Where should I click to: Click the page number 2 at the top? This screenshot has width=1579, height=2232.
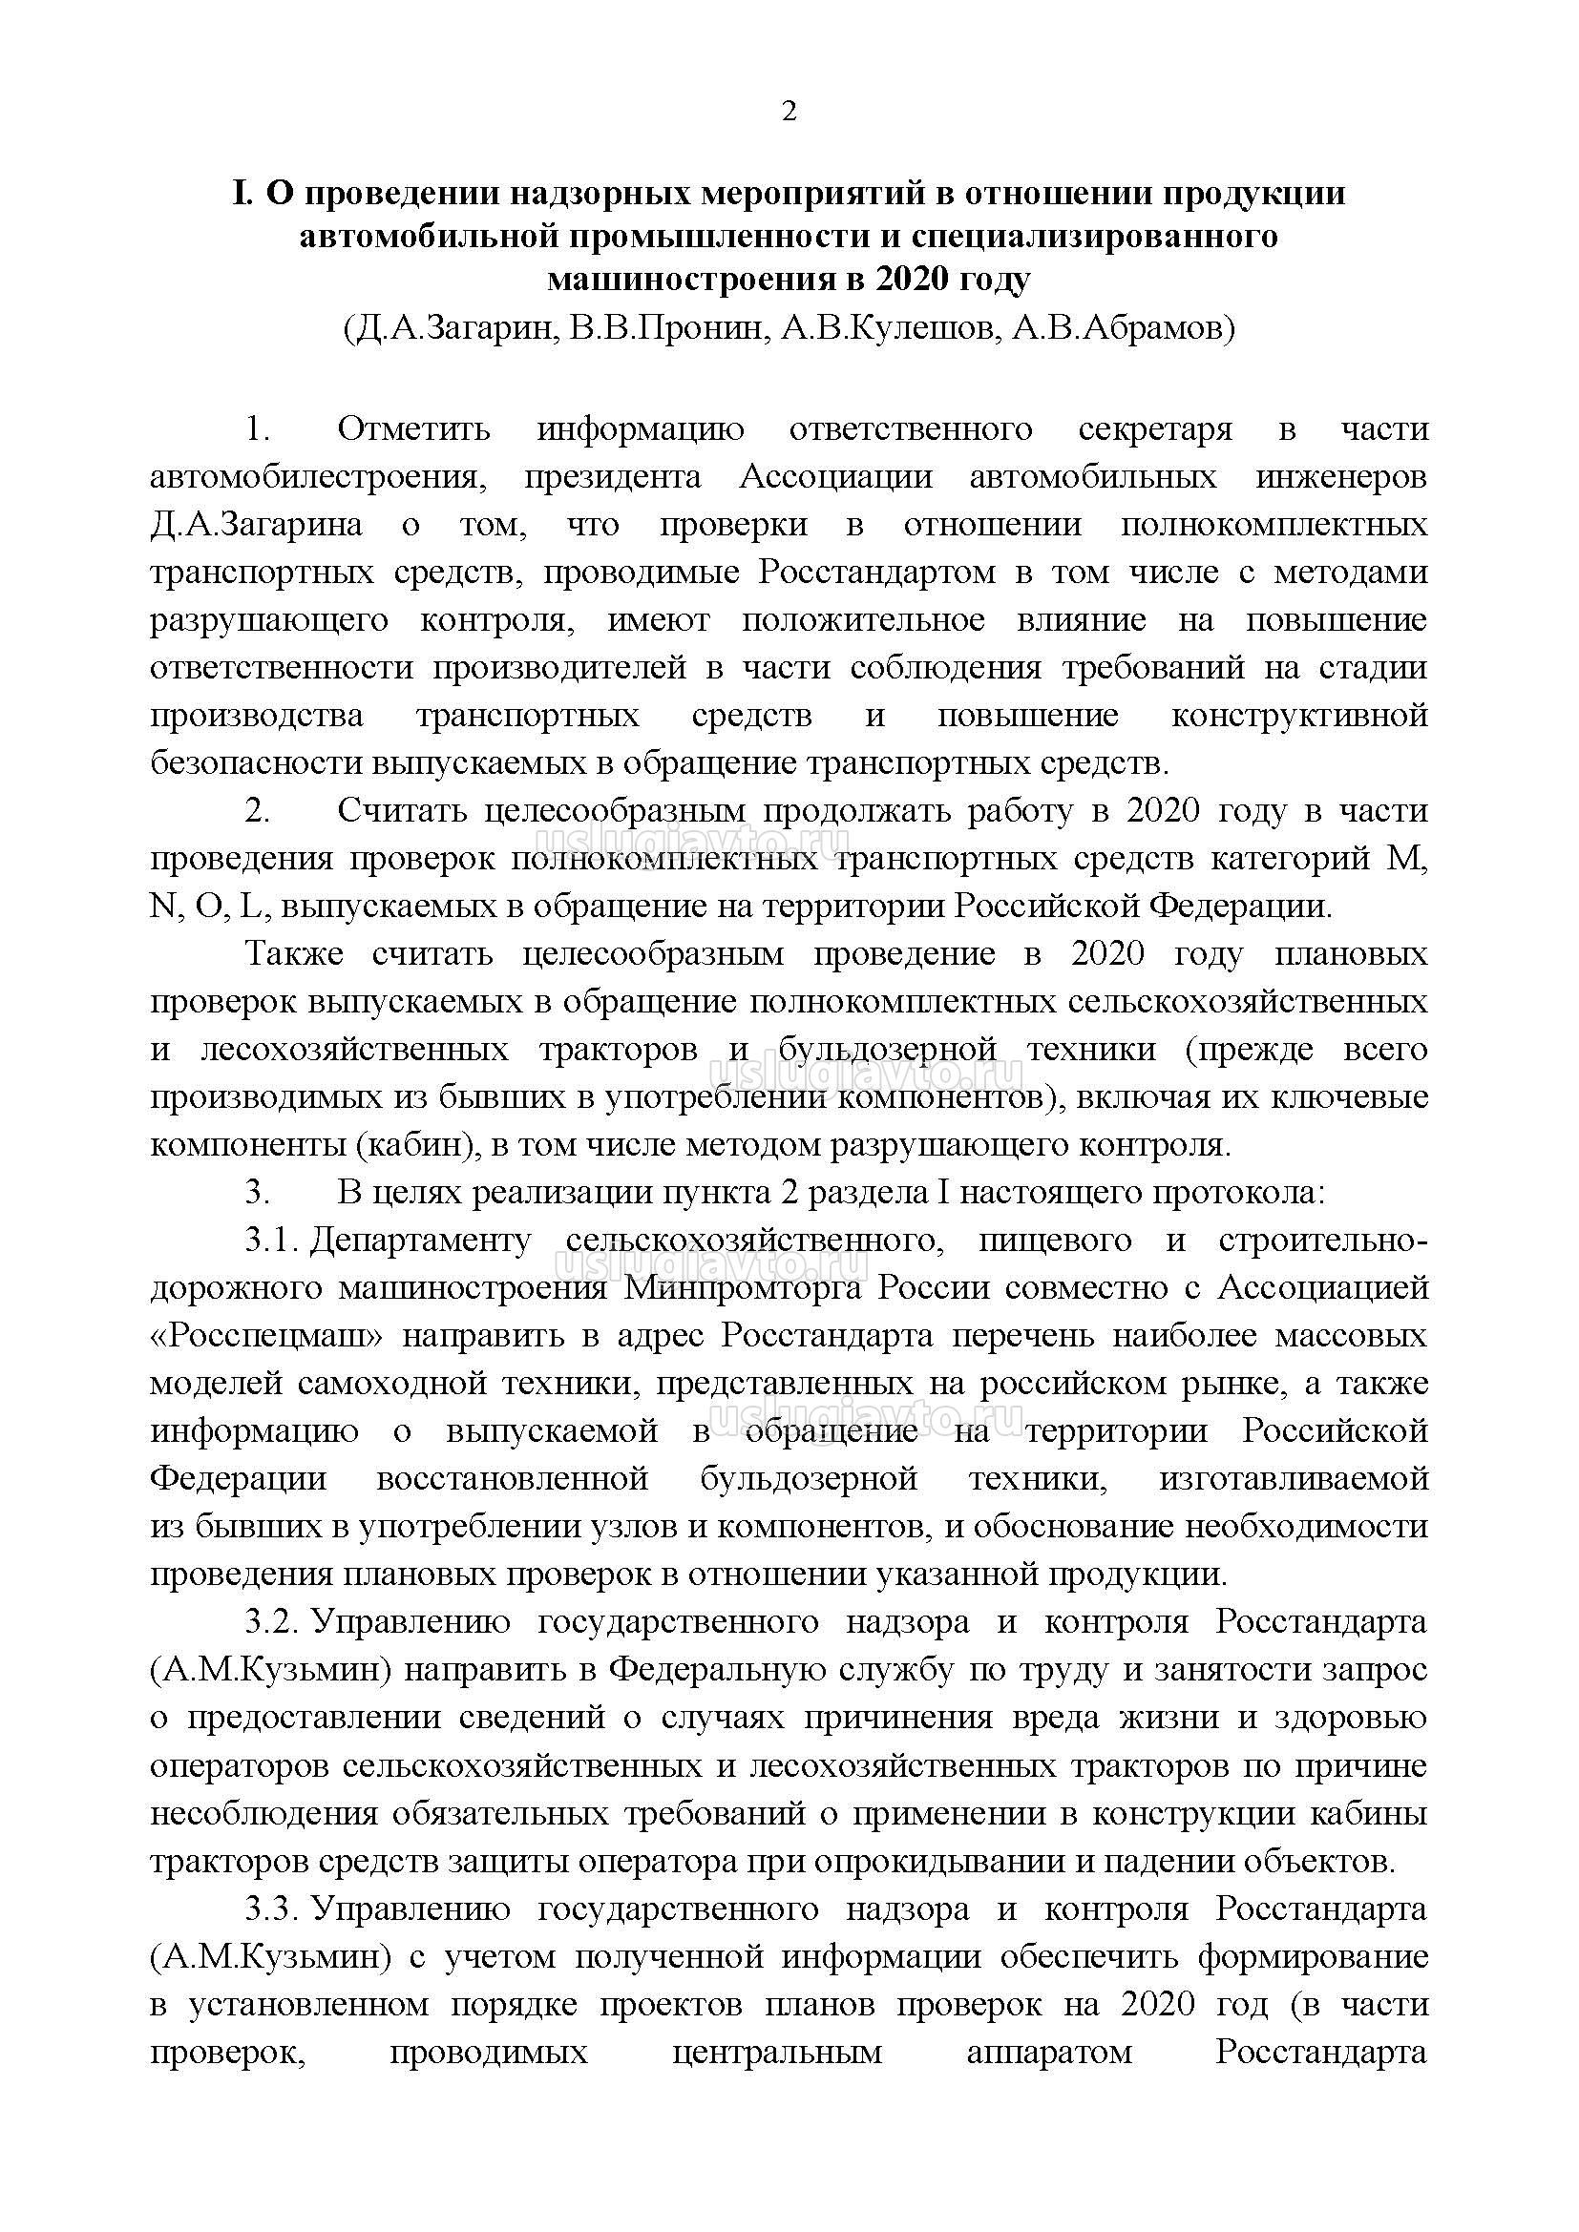tap(789, 113)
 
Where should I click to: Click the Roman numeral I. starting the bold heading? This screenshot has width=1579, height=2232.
tap(243, 194)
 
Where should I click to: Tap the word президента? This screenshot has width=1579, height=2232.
tap(613, 477)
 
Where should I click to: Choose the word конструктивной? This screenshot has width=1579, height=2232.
tap(1299, 716)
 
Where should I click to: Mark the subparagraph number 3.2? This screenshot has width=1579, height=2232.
tap(271, 1621)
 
